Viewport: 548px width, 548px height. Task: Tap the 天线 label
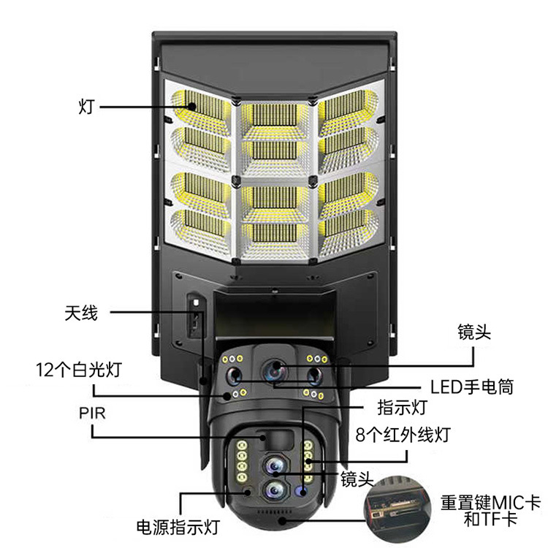tap(80, 314)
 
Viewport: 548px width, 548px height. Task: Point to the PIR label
tap(92, 414)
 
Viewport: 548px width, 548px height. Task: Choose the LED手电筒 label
tap(472, 386)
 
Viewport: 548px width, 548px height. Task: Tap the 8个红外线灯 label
tap(402, 435)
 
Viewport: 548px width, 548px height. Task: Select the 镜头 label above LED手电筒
tap(473, 332)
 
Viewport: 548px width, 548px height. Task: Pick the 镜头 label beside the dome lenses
tap(357, 479)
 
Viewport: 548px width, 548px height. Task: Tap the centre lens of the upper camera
tap(275, 371)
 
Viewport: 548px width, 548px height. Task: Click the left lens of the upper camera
tap(234, 376)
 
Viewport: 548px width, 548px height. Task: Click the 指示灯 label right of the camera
tap(401, 407)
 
